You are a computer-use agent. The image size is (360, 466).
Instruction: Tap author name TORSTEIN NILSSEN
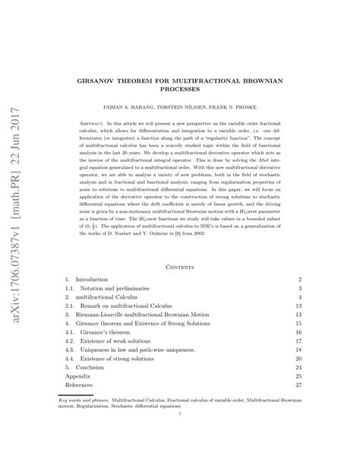197,109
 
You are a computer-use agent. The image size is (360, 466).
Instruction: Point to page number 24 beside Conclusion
341,366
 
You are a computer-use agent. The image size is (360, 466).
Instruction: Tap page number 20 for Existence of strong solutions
341,357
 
